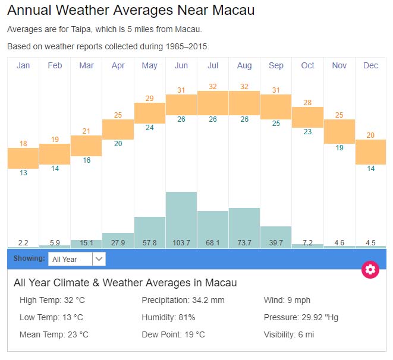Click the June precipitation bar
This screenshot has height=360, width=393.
click(181, 217)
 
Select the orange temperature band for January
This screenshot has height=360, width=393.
click(23, 158)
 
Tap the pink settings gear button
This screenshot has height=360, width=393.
click(370, 269)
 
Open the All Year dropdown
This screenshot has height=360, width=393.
click(78, 259)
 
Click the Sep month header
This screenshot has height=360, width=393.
click(276, 65)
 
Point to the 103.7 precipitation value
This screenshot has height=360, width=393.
click(181, 242)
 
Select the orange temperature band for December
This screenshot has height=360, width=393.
click(370, 152)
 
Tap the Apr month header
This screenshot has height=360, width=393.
click(118, 65)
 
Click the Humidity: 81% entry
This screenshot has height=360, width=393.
click(168, 317)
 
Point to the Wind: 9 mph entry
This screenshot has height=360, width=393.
click(287, 300)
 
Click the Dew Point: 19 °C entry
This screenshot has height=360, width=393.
click(173, 334)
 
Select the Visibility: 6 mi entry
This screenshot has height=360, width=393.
click(289, 334)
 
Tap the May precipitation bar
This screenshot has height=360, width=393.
click(150, 229)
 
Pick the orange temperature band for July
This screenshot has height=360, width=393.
click(213, 103)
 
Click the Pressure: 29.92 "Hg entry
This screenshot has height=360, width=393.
click(301, 317)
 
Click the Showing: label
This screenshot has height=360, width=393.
click(29, 259)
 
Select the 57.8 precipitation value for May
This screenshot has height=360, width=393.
click(150, 242)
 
